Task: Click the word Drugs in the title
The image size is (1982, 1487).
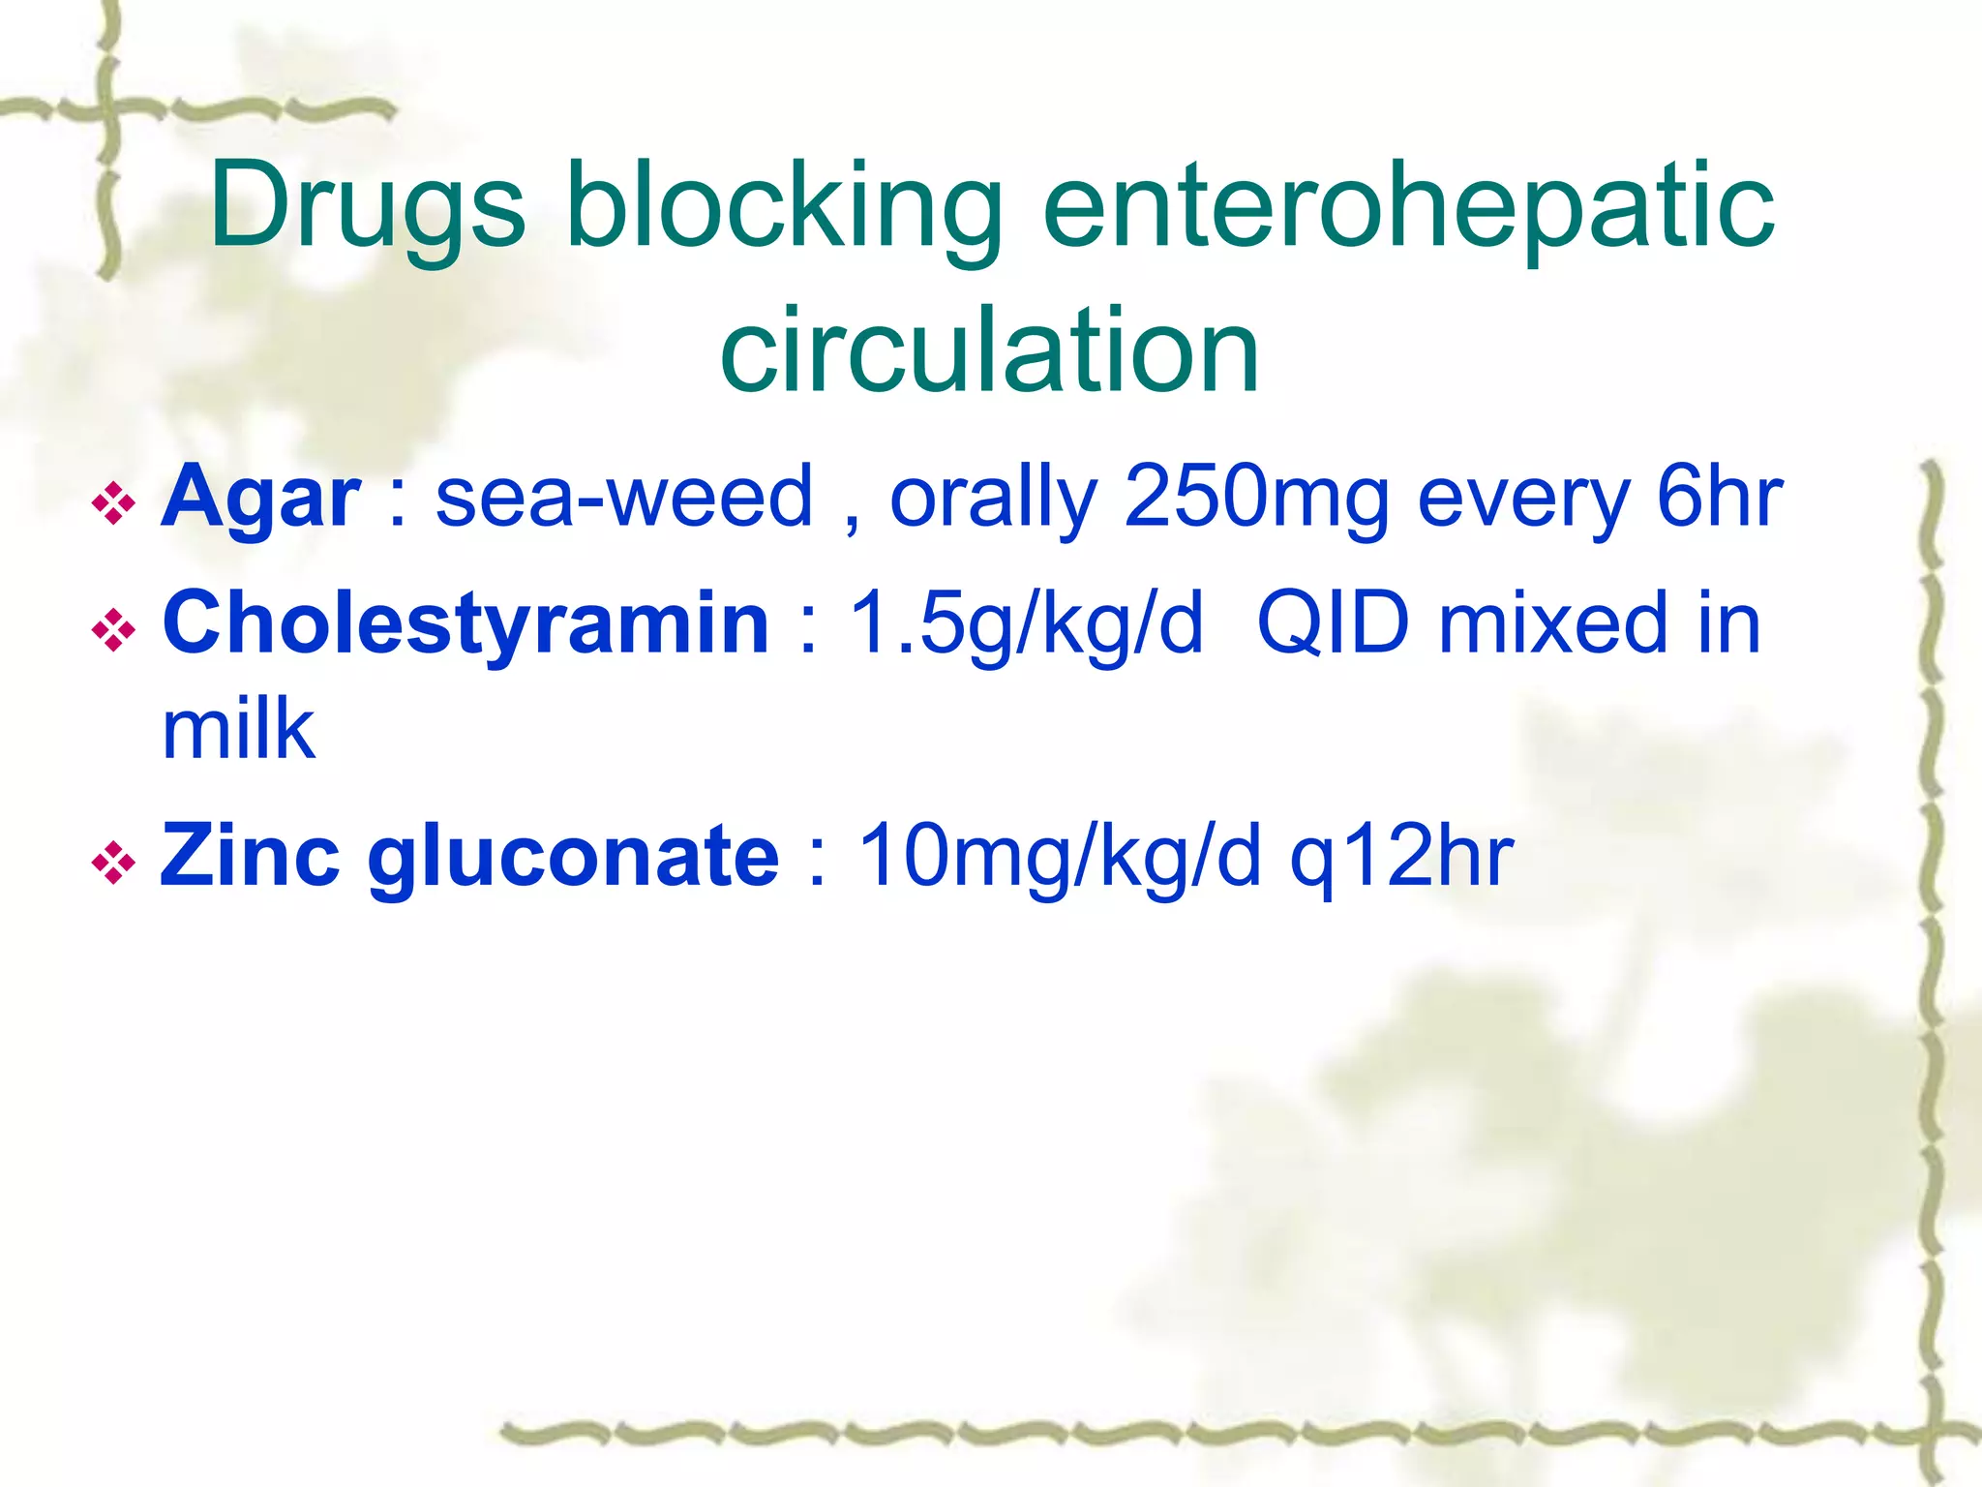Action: point(368,206)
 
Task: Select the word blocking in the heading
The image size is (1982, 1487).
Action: point(784,206)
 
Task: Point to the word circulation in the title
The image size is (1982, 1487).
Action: point(989,350)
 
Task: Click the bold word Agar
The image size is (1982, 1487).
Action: point(260,499)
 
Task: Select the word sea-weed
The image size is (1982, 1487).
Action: point(624,499)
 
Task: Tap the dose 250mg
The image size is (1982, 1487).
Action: point(1255,499)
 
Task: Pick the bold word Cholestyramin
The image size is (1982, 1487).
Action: point(465,624)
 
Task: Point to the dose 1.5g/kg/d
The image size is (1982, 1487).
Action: point(1026,624)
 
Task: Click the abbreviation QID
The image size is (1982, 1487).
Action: point(1334,624)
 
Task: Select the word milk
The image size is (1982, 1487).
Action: point(238,731)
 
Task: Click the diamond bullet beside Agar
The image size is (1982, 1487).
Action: point(114,504)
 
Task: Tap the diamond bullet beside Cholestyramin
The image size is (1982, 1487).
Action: point(114,630)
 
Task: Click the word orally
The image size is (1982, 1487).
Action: point(993,499)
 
